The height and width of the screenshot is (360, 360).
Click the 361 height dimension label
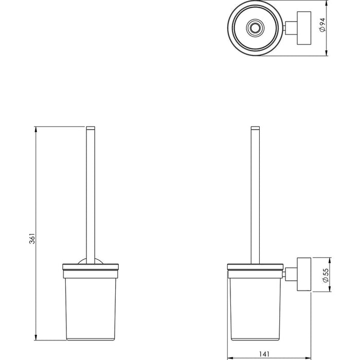click(32, 238)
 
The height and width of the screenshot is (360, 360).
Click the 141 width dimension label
click(264, 354)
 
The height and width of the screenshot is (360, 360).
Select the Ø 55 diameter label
click(326, 275)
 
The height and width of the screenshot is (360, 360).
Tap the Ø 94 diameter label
click(322, 25)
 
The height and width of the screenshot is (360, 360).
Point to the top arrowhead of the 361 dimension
click(35, 129)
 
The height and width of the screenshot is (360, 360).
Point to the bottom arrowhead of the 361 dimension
click(35, 337)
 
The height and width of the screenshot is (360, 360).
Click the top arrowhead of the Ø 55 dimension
click(330, 260)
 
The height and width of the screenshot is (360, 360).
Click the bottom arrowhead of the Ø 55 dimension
click(330, 289)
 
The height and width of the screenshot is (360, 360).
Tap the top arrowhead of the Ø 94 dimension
click(327, 3)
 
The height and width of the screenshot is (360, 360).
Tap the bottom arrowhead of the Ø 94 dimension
click(327, 53)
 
